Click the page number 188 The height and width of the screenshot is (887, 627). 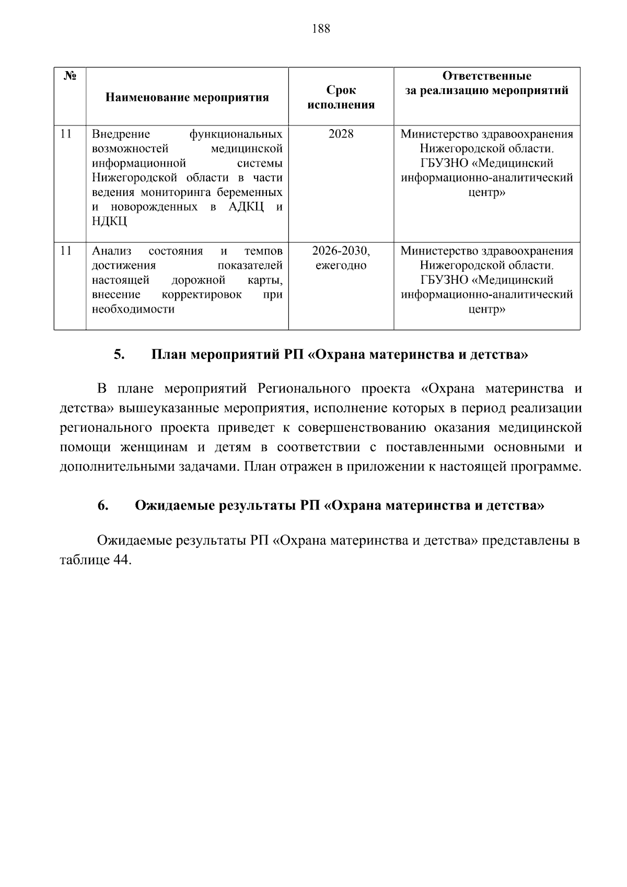coord(321,29)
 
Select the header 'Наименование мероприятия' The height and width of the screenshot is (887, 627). coord(187,97)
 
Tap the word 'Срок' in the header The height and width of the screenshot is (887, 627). coord(341,90)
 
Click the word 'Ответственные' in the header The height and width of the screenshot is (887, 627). coord(486,76)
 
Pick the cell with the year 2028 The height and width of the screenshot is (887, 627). coord(341,134)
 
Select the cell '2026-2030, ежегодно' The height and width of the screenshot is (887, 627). coord(341,258)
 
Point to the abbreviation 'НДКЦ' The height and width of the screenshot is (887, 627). coord(109,222)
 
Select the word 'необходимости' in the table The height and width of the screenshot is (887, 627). coord(133,309)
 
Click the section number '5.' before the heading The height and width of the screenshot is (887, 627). coord(119,355)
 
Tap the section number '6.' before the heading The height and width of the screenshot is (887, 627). coord(102,505)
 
